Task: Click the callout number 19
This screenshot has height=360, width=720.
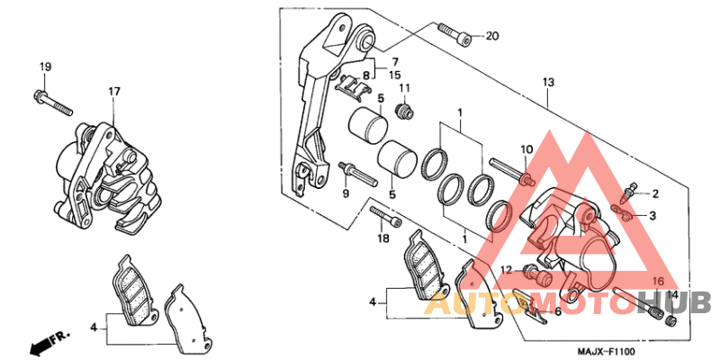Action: point(45,67)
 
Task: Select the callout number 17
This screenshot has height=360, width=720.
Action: point(114,91)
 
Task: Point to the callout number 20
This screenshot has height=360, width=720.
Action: point(491,36)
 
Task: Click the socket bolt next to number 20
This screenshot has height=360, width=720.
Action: point(455,33)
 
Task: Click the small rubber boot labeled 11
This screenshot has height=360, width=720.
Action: point(406,111)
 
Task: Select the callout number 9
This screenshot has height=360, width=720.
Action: point(345,193)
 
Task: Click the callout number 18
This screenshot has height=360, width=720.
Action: point(382,238)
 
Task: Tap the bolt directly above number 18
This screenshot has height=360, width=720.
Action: point(384,217)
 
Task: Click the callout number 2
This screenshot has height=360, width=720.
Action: point(656,193)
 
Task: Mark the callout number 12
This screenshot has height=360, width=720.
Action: point(506,269)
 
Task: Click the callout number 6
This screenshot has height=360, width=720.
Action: point(558,311)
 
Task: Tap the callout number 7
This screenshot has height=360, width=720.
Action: point(394,60)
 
